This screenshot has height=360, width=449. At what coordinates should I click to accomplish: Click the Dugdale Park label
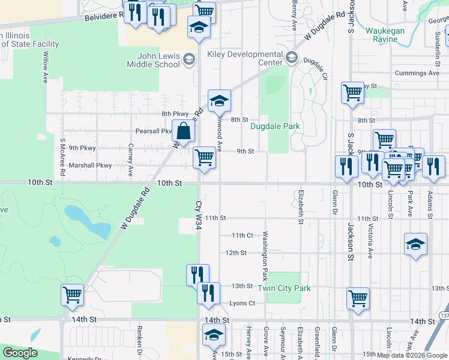tap(274, 127)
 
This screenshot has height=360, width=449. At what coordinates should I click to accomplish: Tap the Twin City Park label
tap(284, 289)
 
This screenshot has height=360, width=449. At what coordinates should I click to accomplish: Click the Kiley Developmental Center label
tap(244, 58)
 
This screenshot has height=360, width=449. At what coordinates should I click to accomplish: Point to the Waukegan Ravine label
tap(385, 35)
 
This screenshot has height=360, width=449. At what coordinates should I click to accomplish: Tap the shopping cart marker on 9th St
tap(205, 158)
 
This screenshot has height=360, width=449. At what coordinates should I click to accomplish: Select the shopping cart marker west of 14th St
tap(72, 295)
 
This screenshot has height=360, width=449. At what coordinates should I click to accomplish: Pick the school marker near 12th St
tap(415, 244)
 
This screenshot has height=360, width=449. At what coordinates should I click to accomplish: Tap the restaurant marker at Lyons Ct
tap(208, 293)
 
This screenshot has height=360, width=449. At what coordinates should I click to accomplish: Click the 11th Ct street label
tap(243, 236)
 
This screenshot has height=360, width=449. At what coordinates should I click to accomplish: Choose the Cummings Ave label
tap(417, 73)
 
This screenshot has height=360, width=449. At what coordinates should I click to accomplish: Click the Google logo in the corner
tap(20, 353)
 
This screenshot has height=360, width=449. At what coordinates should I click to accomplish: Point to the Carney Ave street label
tap(130, 159)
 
